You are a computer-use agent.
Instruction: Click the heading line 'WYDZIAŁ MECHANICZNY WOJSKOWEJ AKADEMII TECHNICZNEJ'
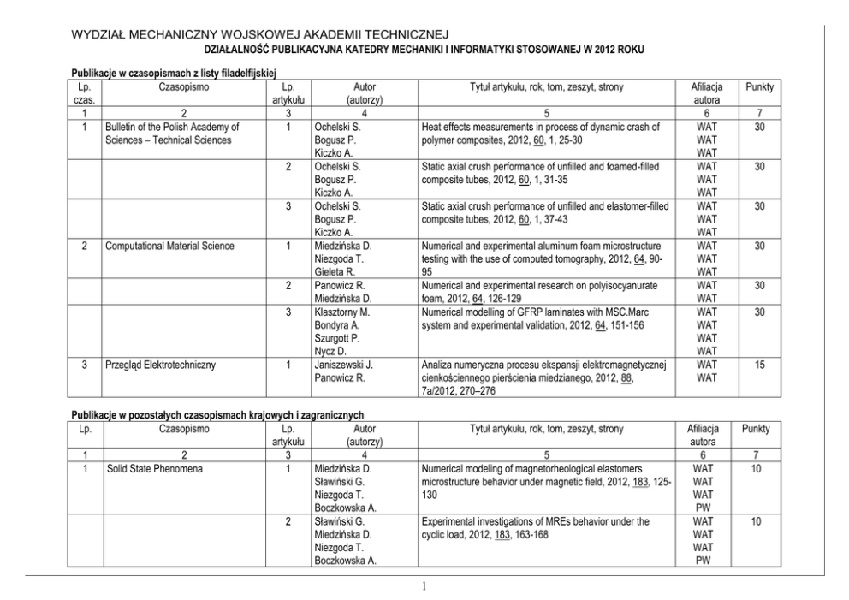coord(259,34)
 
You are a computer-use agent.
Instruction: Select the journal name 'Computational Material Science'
coord(169,246)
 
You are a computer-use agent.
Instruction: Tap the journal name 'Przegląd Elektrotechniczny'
coord(160,364)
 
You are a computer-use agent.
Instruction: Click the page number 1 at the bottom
coord(424,587)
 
